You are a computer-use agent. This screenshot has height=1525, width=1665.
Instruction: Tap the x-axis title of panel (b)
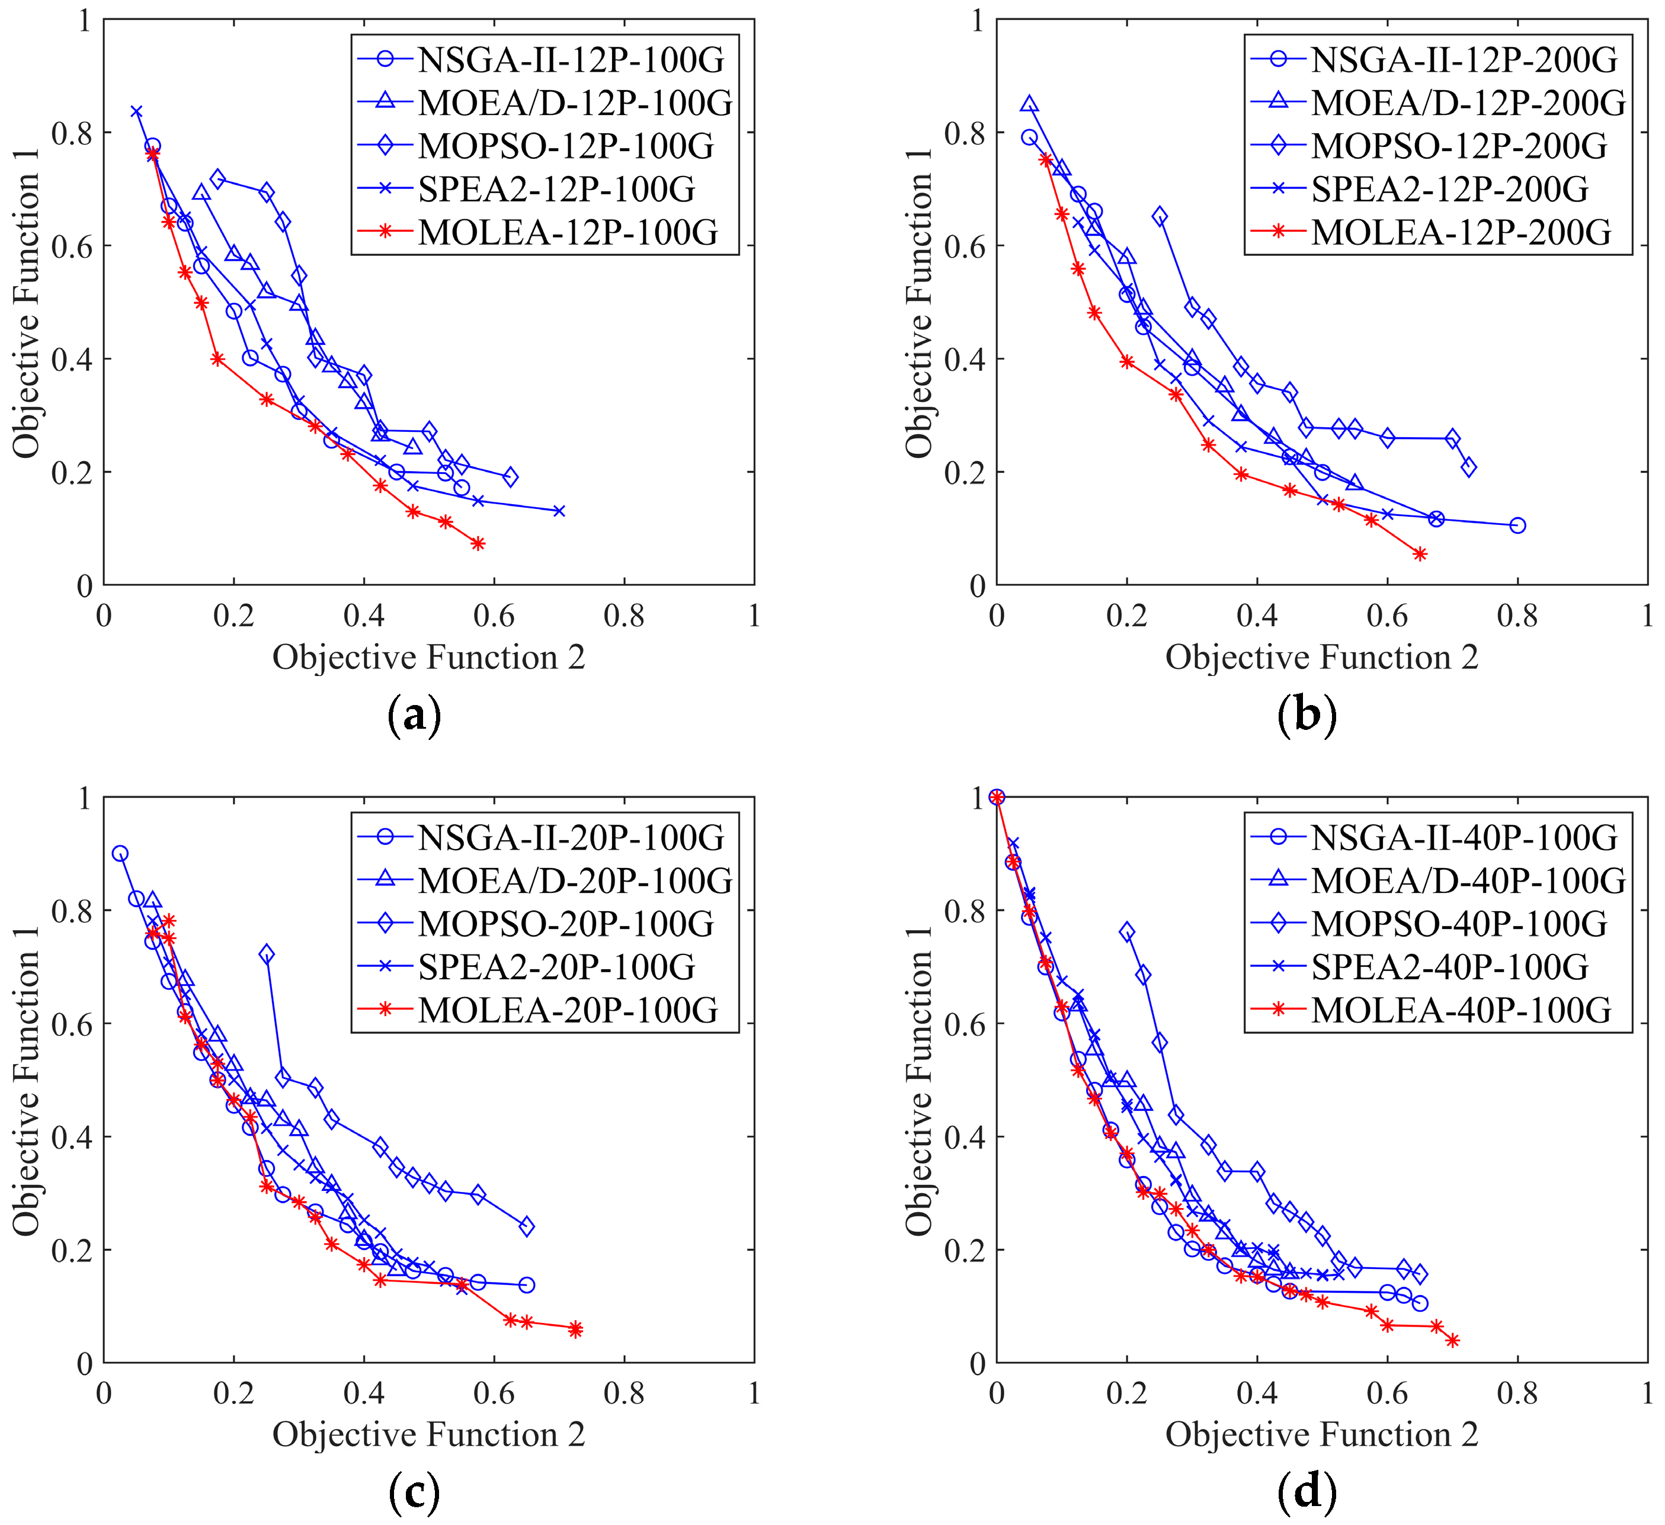[x=1321, y=657]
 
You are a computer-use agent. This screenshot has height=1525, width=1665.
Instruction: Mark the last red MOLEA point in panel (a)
[x=478, y=543]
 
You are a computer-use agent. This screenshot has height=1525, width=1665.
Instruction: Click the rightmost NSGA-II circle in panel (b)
[x=1517, y=525]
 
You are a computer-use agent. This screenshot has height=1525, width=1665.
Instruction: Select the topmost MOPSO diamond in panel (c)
[x=266, y=954]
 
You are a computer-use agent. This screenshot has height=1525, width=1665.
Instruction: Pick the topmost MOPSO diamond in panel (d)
[x=1126, y=932]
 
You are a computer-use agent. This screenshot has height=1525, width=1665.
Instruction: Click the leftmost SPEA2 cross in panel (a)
[x=136, y=111]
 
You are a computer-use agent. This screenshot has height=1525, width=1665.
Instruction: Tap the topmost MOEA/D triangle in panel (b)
[x=1029, y=105]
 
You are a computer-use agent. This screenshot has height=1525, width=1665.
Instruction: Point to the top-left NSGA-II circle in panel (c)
[x=120, y=853]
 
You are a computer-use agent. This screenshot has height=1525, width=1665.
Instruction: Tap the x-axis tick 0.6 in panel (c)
[x=494, y=1393]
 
